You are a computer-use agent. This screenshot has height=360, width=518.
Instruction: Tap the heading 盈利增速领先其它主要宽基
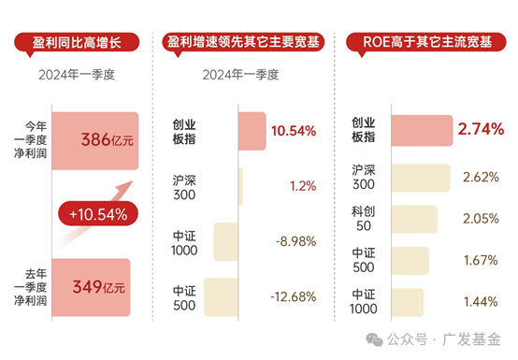click(245, 42)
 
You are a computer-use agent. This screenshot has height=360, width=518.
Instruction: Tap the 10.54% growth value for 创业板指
click(294, 130)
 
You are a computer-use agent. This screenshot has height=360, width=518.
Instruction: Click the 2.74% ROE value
click(481, 130)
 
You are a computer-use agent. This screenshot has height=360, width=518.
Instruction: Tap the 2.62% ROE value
click(481, 177)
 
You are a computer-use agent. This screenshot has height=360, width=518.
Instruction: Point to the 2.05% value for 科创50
click(481, 218)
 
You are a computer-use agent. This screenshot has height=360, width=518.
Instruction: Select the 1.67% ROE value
click(481, 260)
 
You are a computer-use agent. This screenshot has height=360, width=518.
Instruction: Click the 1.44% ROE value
click(481, 301)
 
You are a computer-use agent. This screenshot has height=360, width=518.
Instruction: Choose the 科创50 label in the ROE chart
click(364, 218)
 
